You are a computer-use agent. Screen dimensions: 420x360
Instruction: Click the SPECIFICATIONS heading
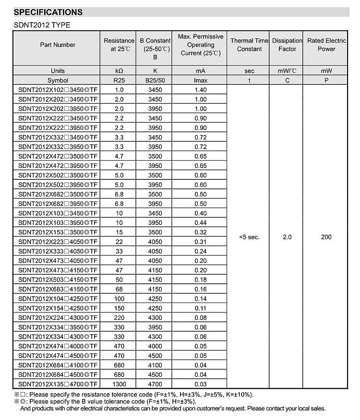coord(48,12)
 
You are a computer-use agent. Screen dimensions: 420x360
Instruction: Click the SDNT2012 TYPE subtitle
coord(42,25)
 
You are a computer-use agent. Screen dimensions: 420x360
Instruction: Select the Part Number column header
coord(58,45)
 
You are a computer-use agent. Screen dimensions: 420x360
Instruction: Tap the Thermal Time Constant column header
coord(249,45)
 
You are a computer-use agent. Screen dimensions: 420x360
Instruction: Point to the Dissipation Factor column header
coord(287,45)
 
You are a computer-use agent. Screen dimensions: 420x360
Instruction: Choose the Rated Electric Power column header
coord(326,45)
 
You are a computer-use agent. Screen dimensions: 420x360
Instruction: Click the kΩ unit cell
coord(120,71)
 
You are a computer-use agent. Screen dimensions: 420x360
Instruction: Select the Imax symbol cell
coord(201,81)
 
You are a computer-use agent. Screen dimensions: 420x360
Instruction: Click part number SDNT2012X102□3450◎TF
coord(58,90)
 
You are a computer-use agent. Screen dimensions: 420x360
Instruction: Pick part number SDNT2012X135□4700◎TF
coord(58,384)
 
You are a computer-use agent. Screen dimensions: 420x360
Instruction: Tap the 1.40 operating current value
coord(201,90)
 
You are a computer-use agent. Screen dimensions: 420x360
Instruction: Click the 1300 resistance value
coord(120,384)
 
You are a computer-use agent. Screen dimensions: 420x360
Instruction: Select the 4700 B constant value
coord(155,384)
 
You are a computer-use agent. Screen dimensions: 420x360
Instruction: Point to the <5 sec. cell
coord(249,237)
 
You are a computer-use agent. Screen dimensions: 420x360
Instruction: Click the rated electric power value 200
coord(326,237)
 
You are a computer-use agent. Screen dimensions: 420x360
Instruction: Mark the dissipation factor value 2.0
coord(287,237)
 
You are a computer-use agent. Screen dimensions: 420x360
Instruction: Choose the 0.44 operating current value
coord(201,223)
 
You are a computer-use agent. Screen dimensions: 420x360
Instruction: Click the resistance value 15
coord(120,233)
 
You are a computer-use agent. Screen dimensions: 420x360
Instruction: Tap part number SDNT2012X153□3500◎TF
coord(58,233)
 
